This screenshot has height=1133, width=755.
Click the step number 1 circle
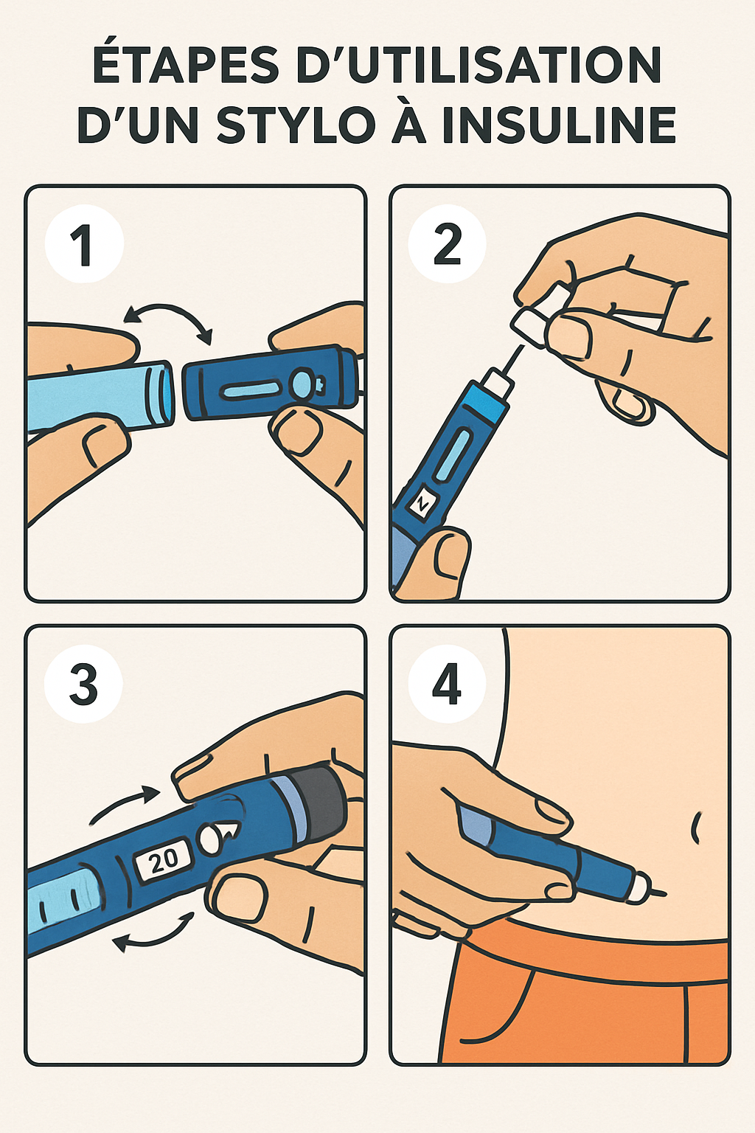83,245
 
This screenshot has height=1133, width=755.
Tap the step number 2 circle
448,245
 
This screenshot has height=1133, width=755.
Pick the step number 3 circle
83,685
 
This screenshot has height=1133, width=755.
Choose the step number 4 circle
448,685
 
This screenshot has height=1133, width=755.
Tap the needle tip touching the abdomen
661,893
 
